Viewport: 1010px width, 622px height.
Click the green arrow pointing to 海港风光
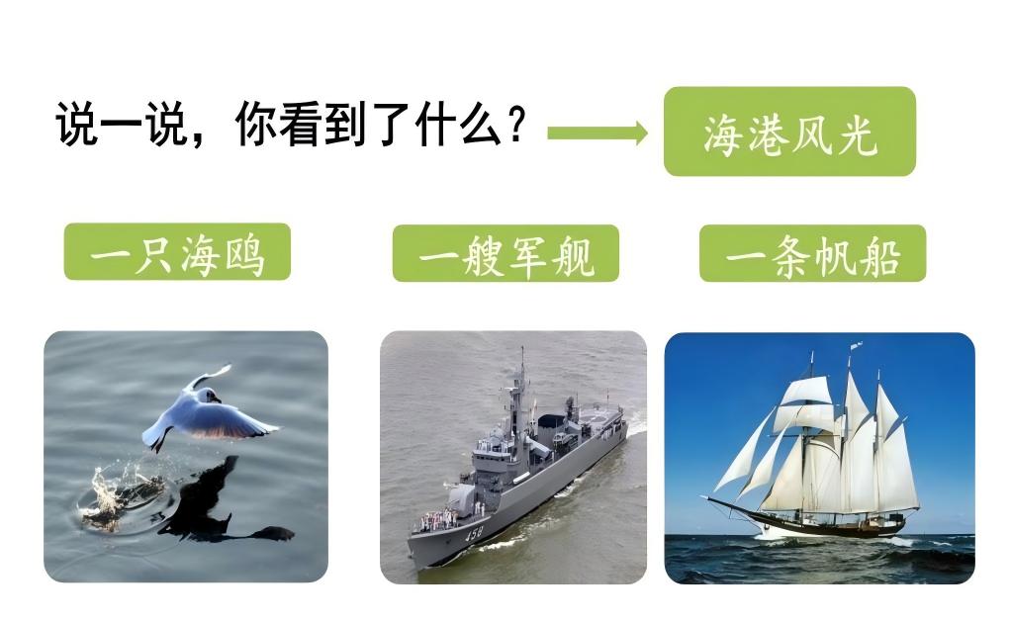coord(597,133)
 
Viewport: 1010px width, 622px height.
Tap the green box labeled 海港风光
coord(788,132)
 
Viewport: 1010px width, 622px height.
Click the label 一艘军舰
coord(505,254)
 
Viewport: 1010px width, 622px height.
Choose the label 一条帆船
coord(812,254)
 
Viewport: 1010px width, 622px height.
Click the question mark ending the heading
coord(515,127)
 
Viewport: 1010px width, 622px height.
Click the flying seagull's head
coord(210,397)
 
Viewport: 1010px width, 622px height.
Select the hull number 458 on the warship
coord(476,535)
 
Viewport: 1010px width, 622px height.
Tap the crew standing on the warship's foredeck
coord(436,519)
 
